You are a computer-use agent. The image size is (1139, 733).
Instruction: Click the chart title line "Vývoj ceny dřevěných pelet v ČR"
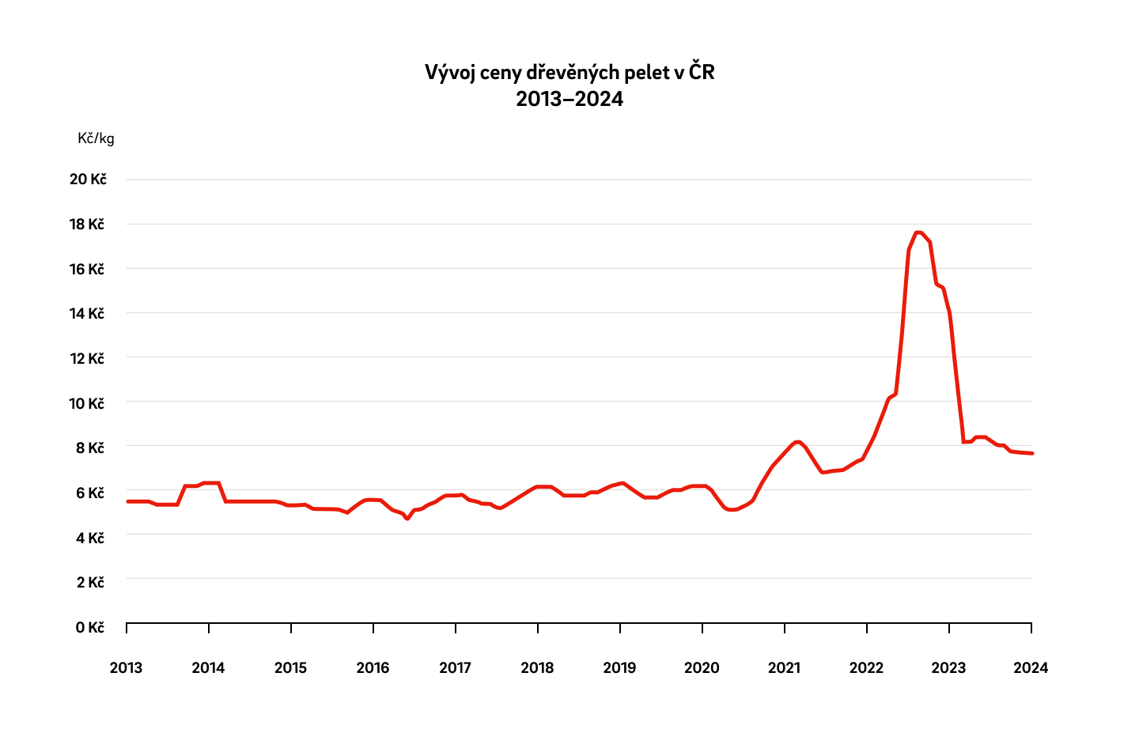[x=569, y=73]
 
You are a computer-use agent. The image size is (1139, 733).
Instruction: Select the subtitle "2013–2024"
[x=569, y=100]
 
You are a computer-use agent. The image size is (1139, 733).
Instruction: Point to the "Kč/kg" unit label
[x=96, y=138]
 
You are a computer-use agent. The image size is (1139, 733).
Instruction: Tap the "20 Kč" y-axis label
[x=88, y=179]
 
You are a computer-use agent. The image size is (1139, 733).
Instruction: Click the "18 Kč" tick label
[x=87, y=225]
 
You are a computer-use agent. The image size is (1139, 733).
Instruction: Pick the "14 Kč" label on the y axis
[x=87, y=314]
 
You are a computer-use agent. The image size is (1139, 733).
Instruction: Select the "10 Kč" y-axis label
[x=87, y=404]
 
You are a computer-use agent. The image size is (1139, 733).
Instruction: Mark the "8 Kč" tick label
[x=90, y=448]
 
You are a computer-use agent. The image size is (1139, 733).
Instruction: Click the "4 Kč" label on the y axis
[x=90, y=538]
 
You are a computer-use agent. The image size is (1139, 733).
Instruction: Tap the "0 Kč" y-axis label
[x=90, y=628]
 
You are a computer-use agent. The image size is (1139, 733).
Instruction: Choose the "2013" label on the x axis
[x=126, y=668]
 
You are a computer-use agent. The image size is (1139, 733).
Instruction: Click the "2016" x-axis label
[x=373, y=668]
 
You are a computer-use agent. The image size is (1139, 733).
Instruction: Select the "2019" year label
[x=619, y=668]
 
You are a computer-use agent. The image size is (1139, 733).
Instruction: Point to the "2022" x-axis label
[x=866, y=668]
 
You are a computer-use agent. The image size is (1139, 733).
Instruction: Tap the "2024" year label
[x=1031, y=668]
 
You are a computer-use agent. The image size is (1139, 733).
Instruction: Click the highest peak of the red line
[x=918, y=232]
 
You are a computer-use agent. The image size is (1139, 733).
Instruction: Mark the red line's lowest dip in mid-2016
[x=407, y=519]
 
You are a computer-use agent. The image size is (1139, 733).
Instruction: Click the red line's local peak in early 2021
[x=798, y=441]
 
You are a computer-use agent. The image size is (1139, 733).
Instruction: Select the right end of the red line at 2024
[x=1031, y=453]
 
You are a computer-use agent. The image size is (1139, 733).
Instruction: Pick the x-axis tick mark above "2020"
[x=702, y=628]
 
